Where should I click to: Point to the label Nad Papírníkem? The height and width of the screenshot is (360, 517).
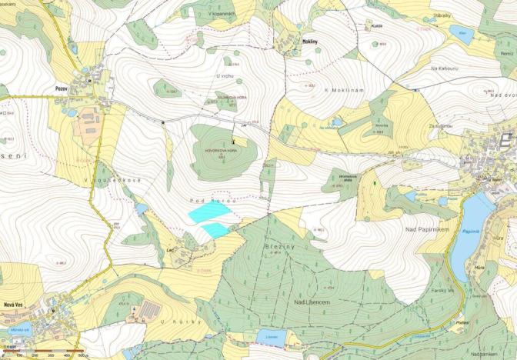(427, 230)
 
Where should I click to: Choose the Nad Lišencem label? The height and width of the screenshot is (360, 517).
(311, 303)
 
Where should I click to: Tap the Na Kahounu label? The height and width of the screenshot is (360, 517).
(445, 68)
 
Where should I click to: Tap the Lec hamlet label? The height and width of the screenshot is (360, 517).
(171, 251)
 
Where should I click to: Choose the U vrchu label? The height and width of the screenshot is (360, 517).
(225, 75)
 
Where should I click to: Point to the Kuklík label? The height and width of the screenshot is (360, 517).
(376, 25)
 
